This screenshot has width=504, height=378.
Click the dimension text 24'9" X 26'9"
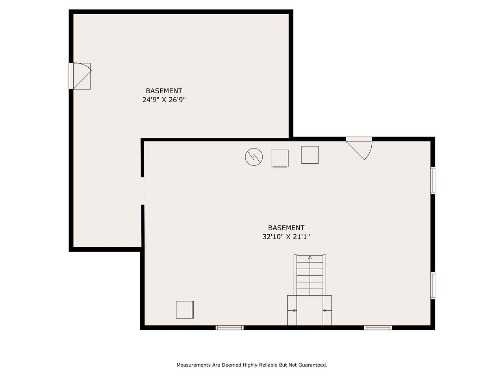[x=164, y=100]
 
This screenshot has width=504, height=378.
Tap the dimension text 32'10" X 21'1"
[x=286, y=237]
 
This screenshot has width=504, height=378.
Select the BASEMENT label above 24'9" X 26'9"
[x=164, y=91]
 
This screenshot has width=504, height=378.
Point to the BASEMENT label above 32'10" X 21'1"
[x=286, y=228]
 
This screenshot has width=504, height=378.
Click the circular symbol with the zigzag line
[x=254, y=157]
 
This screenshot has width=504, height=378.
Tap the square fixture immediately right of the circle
[x=280, y=158]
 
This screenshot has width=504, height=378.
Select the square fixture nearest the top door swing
[x=310, y=155]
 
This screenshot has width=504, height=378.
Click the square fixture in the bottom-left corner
[x=185, y=309]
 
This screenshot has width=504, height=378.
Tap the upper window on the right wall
[x=433, y=181]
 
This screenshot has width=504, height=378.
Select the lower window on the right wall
[x=433, y=285]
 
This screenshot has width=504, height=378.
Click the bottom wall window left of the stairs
[x=230, y=328]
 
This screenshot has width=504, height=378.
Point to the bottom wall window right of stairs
[x=378, y=328]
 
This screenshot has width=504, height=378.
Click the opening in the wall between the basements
[x=143, y=191]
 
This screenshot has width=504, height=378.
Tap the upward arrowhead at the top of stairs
[x=310, y=257]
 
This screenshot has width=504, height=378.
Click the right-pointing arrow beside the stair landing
[x=292, y=311]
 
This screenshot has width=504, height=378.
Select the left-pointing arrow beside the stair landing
[x=327, y=311]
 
